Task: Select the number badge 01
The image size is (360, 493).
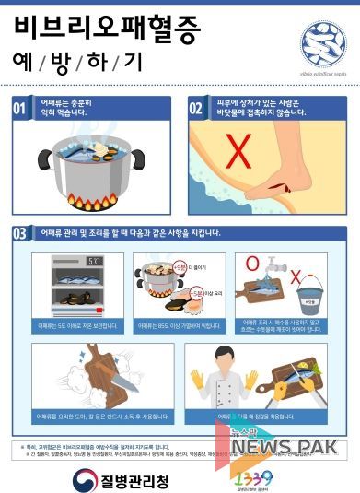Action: point(19,109)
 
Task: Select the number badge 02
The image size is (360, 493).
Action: point(195,109)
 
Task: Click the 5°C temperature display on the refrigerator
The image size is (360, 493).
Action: point(94,262)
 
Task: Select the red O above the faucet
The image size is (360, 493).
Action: point(251,264)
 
